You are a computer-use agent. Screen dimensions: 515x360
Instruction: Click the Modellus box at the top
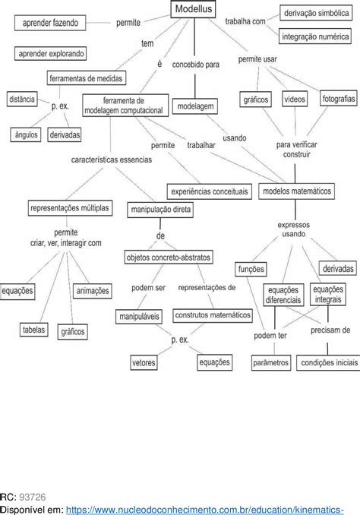[194, 9]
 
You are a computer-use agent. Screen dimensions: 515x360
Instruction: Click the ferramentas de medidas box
[87, 78]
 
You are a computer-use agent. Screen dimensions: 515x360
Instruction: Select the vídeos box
[295, 100]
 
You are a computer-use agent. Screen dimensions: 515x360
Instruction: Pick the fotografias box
[338, 100]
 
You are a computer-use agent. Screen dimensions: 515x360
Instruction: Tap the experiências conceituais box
[209, 192]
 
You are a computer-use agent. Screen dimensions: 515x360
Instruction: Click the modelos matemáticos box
[296, 191]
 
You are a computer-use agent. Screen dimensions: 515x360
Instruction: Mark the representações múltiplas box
[70, 207]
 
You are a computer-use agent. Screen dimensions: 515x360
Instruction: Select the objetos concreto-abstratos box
[169, 257]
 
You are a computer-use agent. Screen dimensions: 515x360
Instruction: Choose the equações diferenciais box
[283, 295]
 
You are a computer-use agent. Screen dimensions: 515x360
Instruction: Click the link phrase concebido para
[196, 65]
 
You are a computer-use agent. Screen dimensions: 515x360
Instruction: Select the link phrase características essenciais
[112, 160]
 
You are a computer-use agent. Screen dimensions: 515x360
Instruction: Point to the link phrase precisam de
[330, 330]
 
